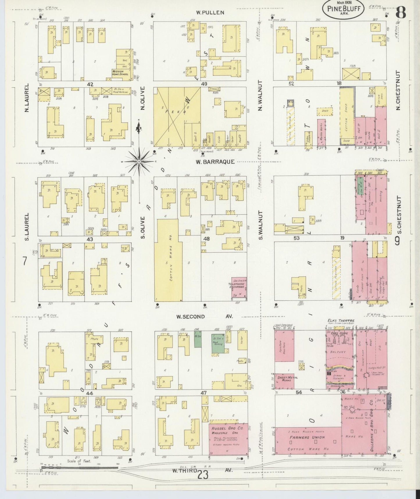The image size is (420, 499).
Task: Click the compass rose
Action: pyautogui.click(x=139, y=161)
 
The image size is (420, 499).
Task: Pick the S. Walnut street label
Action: pyautogui.click(x=260, y=226)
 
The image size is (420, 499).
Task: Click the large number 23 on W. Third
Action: pyautogui.click(x=203, y=475)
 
